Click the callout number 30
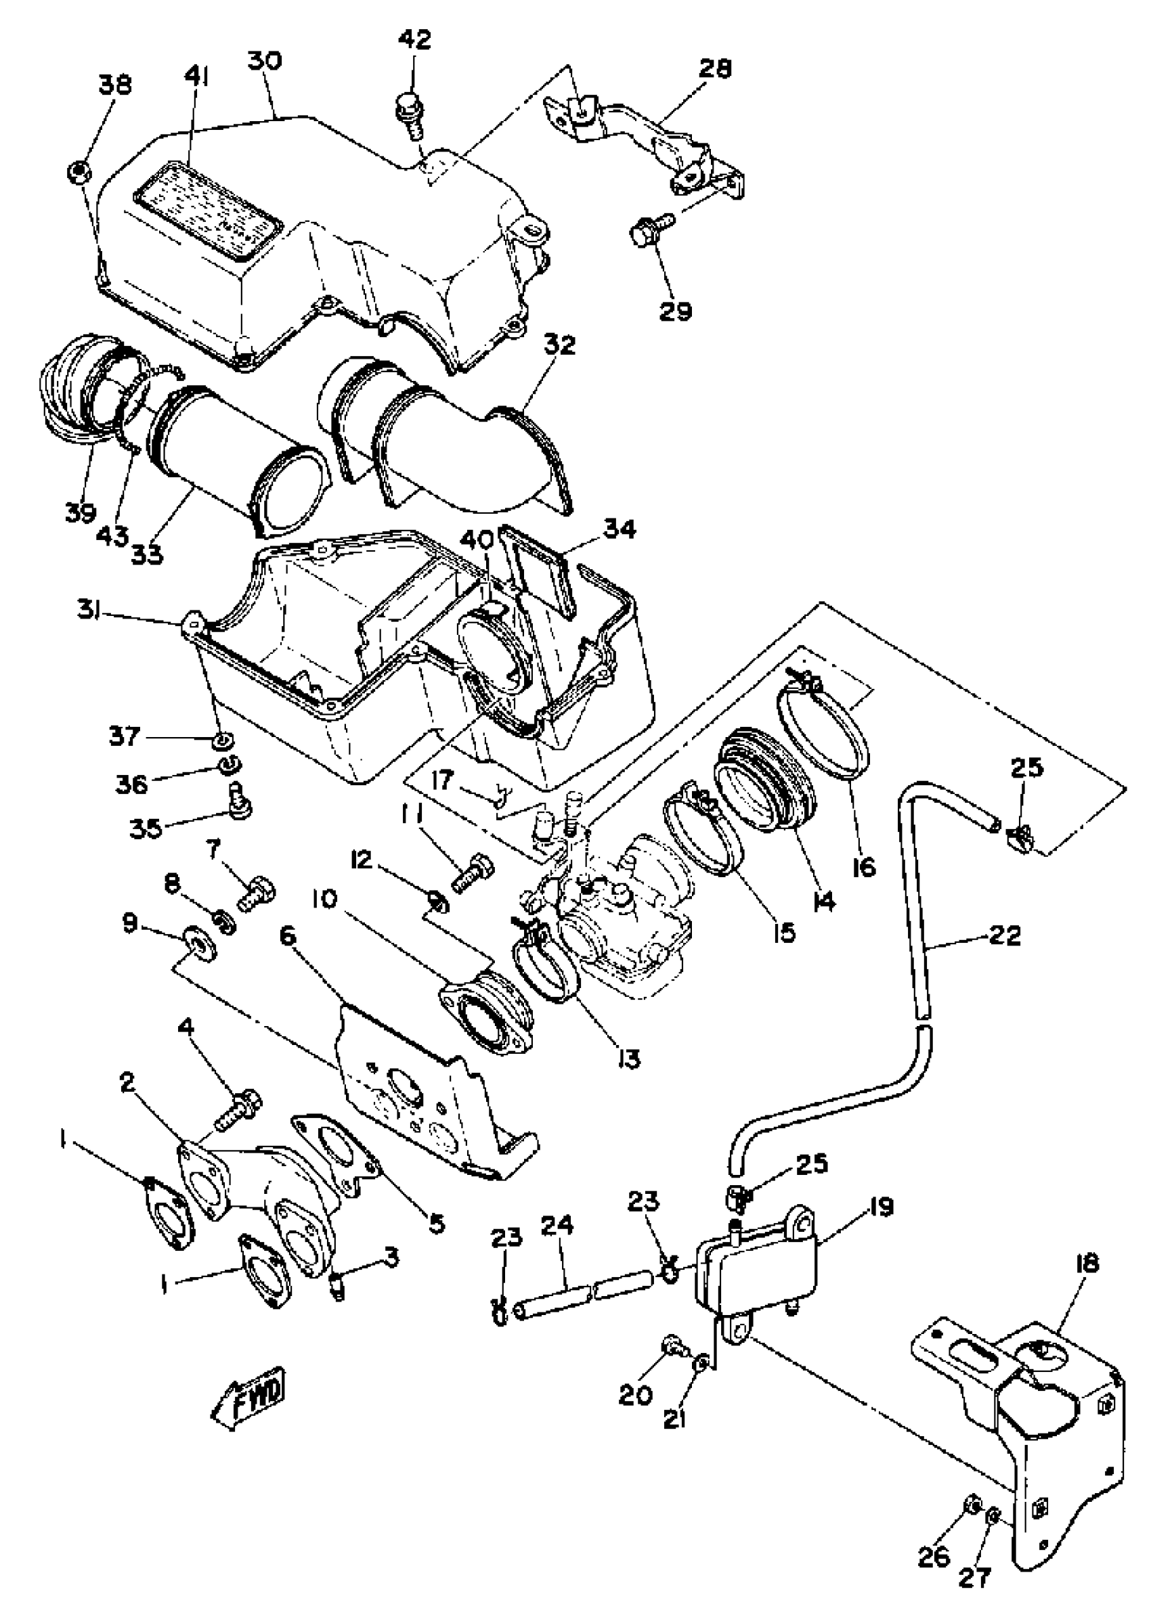(265, 61)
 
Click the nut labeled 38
(79, 171)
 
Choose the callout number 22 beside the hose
(1005, 936)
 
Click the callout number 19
(879, 1207)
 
